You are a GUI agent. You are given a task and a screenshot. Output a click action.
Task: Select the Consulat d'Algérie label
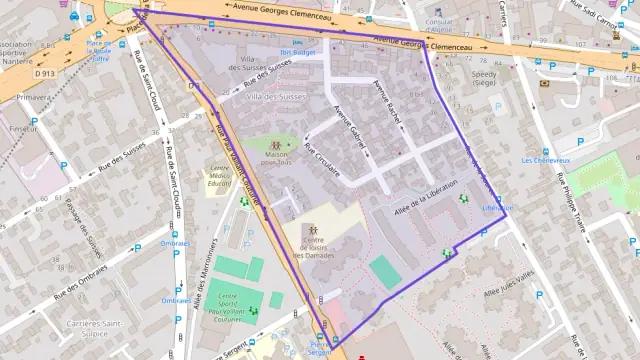438,25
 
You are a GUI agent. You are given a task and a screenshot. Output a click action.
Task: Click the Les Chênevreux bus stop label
546,160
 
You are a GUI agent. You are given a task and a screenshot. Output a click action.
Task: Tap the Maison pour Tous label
276,158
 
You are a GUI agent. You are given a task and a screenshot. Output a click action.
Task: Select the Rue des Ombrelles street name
80,281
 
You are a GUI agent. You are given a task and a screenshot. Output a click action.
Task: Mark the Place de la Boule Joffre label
98,50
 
